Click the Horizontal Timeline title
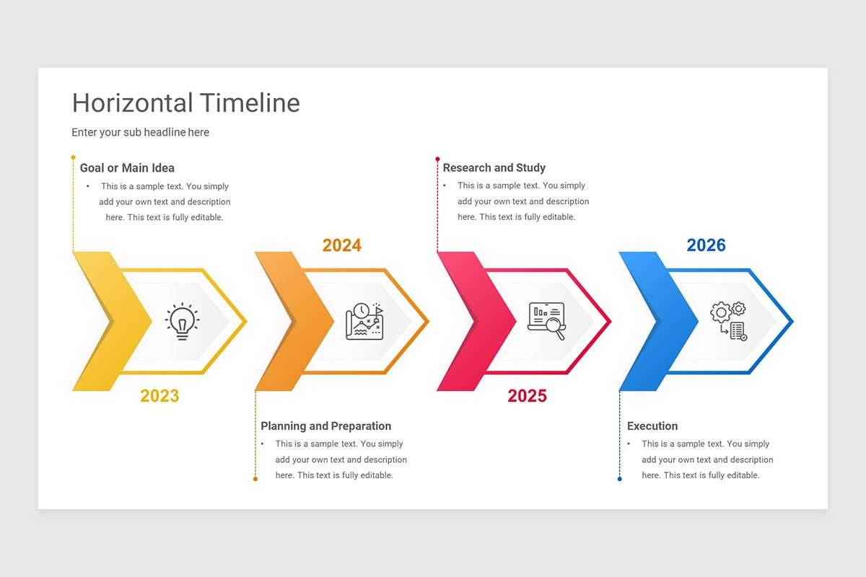[185, 103]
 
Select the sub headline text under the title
[140, 133]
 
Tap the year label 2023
[159, 396]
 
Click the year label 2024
[341, 246]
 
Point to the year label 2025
[527, 396]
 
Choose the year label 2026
[706, 246]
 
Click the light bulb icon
[183, 321]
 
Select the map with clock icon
[365, 321]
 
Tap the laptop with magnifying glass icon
[547, 321]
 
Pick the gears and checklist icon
[729, 321]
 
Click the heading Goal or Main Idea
[127, 168]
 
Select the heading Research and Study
[494, 168]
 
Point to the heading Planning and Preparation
[325, 426]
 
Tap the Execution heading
[652, 426]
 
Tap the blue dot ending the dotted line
[619, 479]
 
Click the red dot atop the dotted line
[437, 158]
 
